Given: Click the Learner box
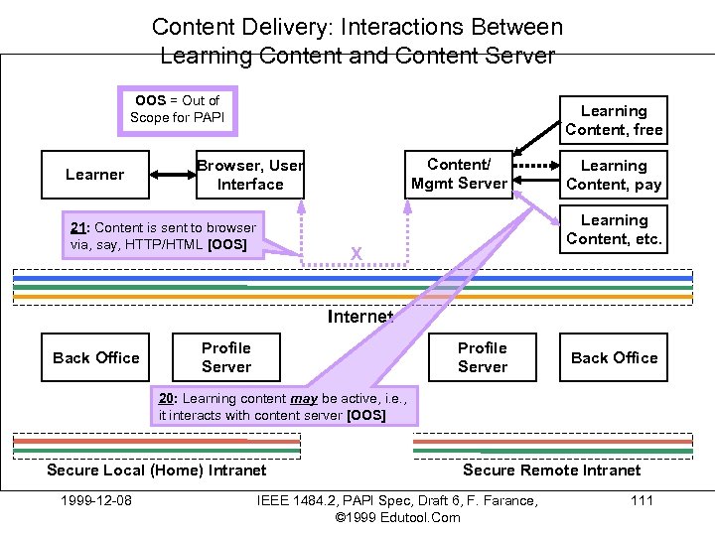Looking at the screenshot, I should pyautogui.click(x=95, y=175).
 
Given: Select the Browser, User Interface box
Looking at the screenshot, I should pyautogui.click(x=250, y=175).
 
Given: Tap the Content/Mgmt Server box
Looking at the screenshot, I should pyautogui.click(x=459, y=174).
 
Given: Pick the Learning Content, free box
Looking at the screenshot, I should pyautogui.click(x=614, y=120).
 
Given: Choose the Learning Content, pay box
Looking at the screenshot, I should pyautogui.click(x=614, y=175).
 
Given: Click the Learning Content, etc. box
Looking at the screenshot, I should pyautogui.click(x=614, y=229).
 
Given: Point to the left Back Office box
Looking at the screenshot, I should pyautogui.click(x=95, y=357).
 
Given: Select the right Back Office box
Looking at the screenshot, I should pyautogui.click(x=614, y=357).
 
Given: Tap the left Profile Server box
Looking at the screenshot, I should pyautogui.click(x=226, y=357).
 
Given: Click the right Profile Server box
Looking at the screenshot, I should pyautogui.click(x=483, y=357).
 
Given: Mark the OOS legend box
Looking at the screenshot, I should pyautogui.click(x=177, y=109).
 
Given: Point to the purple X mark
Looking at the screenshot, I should pyautogui.click(x=356, y=255).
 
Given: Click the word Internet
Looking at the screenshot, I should pyautogui.click(x=360, y=317).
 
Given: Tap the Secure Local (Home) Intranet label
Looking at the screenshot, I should pyautogui.click(x=157, y=469).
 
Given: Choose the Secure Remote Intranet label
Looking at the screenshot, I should pyautogui.click(x=552, y=469).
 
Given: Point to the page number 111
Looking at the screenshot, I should pyautogui.click(x=642, y=499).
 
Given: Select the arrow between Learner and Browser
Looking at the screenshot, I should pyautogui.click(x=173, y=175).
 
